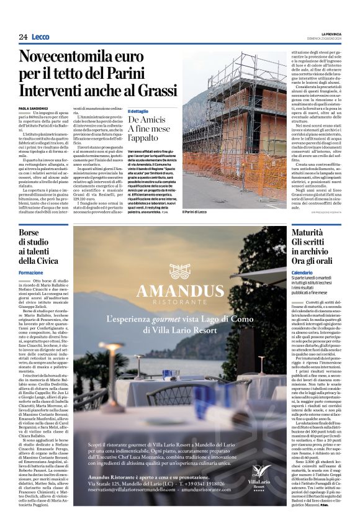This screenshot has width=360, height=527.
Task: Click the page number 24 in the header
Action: pyautogui.click(x=23, y=37)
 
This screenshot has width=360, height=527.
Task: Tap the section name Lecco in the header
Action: pyautogui.click(x=40, y=37)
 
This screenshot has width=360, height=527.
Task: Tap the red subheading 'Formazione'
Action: pyautogui.click(x=31, y=273)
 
